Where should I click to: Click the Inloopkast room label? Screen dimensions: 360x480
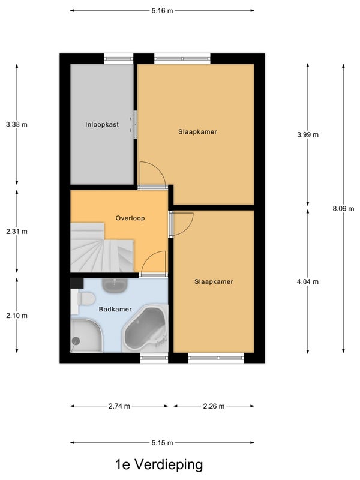tap(102, 125)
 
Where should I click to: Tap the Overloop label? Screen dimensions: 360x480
tap(130, 218)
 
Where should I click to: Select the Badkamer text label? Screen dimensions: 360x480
tap(115, 309)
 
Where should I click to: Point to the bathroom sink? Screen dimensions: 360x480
tap(115, 286)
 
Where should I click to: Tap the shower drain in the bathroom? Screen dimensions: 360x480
tap(76, 341)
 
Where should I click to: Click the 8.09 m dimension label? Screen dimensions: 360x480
tap(343, 209)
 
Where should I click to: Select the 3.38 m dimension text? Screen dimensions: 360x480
tap(17, 125)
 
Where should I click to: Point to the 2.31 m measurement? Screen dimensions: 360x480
tap(17, 232)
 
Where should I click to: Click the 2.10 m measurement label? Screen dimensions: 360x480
tap(17, 316)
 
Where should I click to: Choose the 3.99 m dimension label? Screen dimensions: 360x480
tap(308, 134)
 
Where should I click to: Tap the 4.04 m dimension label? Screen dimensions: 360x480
tap(308, 281)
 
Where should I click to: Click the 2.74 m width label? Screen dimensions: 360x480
tap(119, 406)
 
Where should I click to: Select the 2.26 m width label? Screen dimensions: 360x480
tap(214, 406)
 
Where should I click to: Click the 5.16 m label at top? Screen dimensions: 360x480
tap(162, 11)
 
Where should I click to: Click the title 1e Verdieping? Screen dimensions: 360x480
tap(159, 464)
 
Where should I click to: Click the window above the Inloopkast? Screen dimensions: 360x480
tap(119, 59)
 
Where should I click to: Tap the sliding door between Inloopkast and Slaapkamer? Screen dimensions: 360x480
tap(134, 125)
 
